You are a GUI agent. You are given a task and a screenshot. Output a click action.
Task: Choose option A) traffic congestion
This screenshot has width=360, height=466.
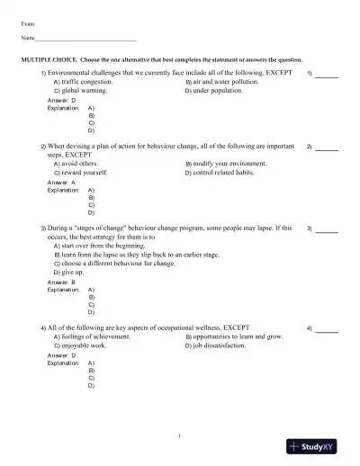coord(88,81)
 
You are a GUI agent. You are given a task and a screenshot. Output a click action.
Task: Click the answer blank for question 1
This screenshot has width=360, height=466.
coord(327,73)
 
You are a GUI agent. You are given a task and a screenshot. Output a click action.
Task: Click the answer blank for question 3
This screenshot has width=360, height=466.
coord(327,229)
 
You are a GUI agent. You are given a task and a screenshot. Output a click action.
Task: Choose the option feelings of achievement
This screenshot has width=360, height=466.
coord(97,336)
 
